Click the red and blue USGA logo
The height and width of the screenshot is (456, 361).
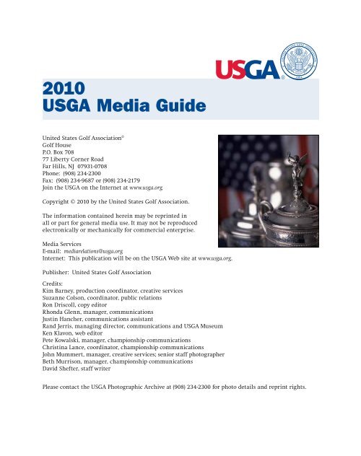246,71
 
